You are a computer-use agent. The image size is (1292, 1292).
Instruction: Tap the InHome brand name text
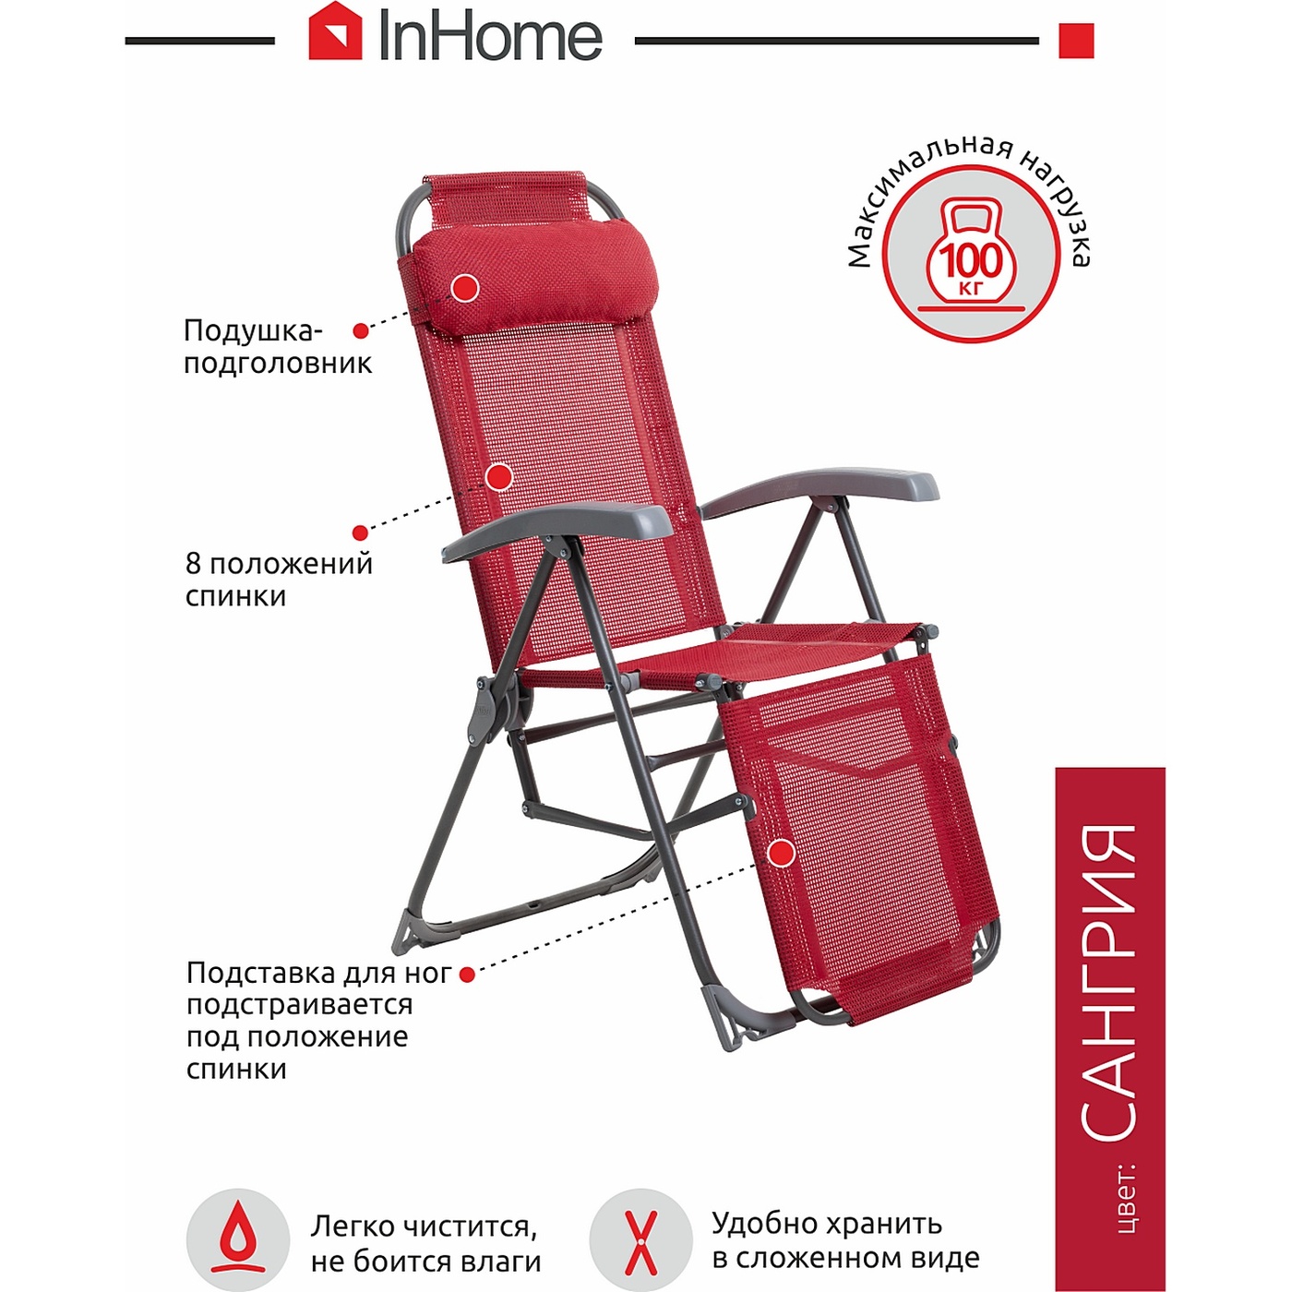coord(490,38)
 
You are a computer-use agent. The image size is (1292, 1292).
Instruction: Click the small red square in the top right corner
coord(1075,41)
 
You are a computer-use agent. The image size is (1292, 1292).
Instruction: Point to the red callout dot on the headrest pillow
coord(464,288)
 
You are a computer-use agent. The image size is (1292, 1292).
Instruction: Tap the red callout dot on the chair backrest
coord(499,477)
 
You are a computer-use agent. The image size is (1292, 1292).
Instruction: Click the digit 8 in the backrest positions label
coord(193,563)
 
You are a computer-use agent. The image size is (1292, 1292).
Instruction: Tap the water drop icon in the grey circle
coord(237,1240)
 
